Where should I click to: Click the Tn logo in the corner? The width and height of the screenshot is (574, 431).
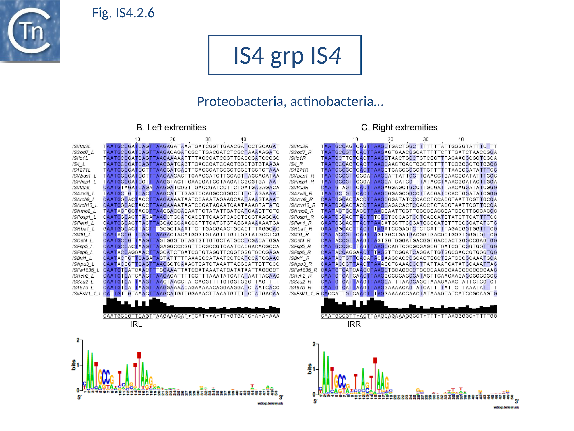30,31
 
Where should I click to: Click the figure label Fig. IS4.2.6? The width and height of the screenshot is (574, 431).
123,13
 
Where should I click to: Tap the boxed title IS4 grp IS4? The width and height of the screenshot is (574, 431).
284,55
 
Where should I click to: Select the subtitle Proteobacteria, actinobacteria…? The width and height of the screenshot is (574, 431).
290,101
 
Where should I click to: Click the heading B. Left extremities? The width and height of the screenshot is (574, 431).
171,127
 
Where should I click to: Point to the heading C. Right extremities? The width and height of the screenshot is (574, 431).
399,127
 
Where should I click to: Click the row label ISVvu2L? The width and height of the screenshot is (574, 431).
81,147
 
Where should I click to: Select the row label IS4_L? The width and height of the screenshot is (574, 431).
79,164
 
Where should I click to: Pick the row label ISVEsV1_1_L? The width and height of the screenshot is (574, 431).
87,294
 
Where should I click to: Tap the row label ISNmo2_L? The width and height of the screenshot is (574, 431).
84,211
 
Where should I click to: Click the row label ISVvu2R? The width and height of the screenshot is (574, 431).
299,147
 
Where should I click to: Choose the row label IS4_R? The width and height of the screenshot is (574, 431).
296,164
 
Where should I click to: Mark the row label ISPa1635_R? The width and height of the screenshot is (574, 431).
303,270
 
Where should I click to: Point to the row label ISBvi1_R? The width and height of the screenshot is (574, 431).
299,258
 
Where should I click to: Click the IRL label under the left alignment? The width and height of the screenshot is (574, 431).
136,324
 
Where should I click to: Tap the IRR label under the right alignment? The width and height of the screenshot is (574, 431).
354,324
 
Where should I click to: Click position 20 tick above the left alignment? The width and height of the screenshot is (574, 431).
173,139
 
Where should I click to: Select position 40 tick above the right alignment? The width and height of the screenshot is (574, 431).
461,139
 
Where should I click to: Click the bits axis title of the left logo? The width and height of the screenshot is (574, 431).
74,365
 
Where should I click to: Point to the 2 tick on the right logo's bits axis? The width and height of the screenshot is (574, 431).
314,344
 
